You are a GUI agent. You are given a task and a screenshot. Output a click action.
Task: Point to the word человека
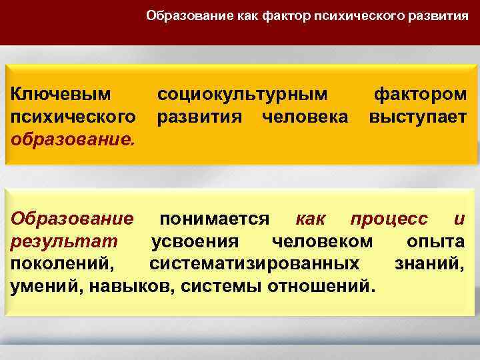[x=305, y=117]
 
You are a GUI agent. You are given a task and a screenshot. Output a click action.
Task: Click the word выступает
[x=418, y=117]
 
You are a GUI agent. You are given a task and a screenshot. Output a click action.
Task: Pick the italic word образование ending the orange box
[x=71, y=141]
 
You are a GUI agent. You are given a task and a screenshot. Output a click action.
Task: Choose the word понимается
[x=214, y=219]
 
